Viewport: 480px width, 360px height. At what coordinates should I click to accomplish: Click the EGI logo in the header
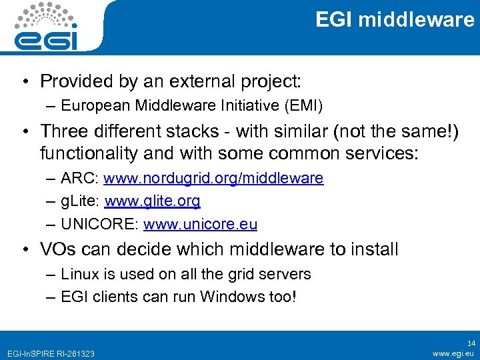47,27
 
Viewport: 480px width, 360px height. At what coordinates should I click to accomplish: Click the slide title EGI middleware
395,20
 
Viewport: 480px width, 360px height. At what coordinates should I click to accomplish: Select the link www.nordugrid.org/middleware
213,178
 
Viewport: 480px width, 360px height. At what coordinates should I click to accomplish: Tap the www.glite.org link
152,201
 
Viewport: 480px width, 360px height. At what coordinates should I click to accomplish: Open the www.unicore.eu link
200,224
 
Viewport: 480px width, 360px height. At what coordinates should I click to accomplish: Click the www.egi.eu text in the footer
453,353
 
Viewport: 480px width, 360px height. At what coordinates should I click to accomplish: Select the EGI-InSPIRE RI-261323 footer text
50,353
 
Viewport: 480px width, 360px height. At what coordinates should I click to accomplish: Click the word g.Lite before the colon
79,201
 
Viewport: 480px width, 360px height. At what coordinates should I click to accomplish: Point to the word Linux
77,274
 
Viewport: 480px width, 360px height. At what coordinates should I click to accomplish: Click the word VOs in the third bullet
59,249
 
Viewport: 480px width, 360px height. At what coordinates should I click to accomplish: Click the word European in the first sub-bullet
94,105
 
